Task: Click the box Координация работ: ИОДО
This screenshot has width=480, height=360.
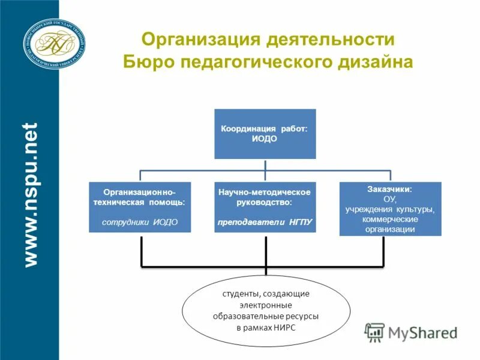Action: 265,134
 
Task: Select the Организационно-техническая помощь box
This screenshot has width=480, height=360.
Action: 139,207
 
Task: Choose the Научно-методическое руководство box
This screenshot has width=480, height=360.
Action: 265,207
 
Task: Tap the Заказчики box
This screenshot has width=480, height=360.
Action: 390,209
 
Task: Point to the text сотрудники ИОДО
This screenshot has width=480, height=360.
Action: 139,221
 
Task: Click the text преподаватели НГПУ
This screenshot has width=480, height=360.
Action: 265,221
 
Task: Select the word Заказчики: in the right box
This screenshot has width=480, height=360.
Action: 389,189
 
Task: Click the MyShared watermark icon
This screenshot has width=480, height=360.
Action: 375,332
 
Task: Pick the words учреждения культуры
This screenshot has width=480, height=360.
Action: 389,209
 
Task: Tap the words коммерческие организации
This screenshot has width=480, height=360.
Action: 389,224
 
